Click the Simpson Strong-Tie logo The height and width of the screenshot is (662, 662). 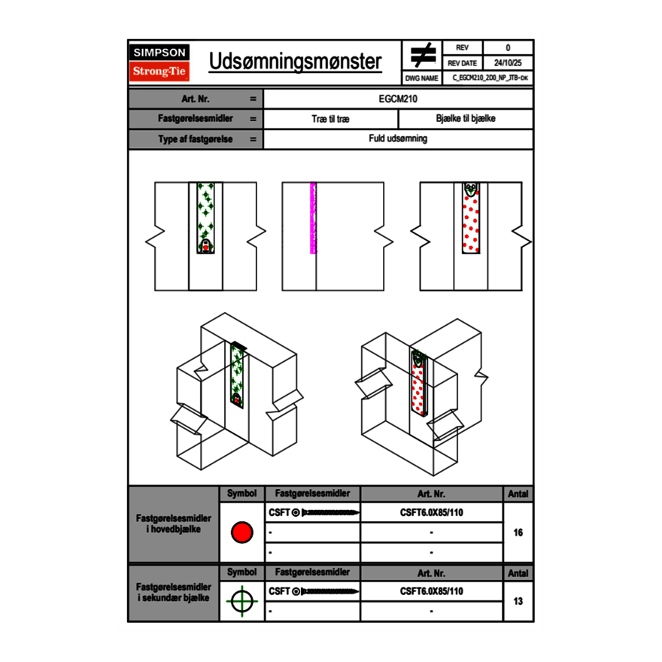(x=159, y=62)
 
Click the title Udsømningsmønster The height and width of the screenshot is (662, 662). (x=295, y=62)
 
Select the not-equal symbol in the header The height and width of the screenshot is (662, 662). (x=423, y=55)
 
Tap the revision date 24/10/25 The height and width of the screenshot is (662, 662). (x=508, y=63)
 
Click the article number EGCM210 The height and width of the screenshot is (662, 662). (x=398, y=99)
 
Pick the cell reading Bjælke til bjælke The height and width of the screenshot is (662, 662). (x=466, y=119)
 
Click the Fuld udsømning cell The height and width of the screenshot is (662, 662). (x=398, y=139)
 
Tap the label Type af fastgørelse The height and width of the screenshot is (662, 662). (x=185, y=139)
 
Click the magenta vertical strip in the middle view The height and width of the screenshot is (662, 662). (x=313, y=217)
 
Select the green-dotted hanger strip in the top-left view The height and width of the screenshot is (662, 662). (x=205, y=217)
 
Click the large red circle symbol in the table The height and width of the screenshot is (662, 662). (x=241, y=533)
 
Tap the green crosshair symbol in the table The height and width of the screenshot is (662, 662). (x=241, y=601)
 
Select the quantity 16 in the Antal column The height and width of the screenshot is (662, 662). (x=518, y=533)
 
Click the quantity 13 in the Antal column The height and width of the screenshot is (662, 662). (x=518, y=601)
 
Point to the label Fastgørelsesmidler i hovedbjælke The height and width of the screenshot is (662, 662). (x=173, y=524)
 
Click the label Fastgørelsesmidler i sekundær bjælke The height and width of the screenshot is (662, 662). (x=173, y=592)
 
